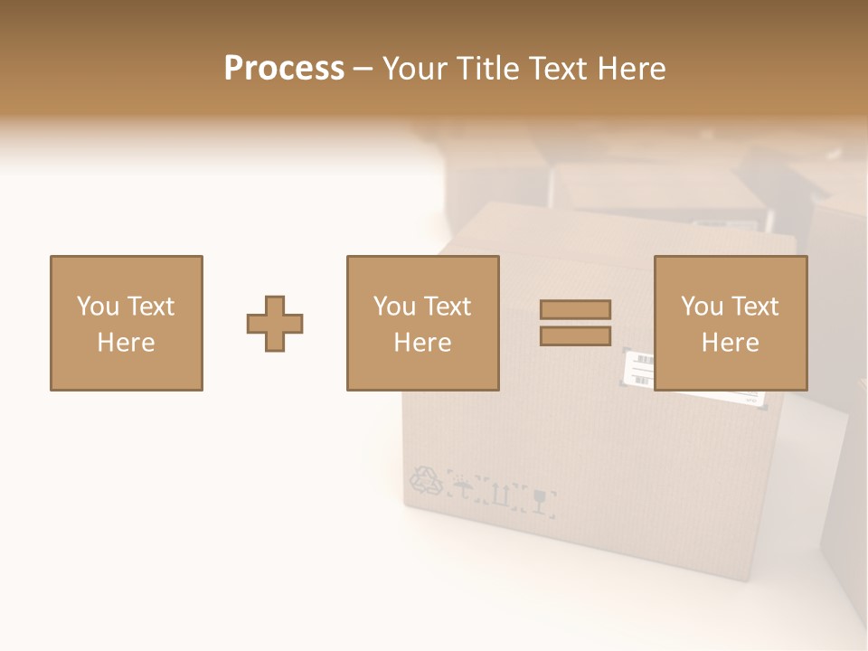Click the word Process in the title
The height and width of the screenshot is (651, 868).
point(284,69)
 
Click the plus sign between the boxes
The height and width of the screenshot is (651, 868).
point(275,324)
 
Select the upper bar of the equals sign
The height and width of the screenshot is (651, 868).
point(575,309)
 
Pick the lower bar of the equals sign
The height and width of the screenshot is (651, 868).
point(575,335)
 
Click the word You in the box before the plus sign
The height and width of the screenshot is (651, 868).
point(98,307)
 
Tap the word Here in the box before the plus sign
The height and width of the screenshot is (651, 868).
point(126,343)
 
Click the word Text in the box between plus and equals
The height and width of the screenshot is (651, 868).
point(448,307)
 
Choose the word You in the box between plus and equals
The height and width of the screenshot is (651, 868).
point(394,307)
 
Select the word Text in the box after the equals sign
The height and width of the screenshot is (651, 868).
point(755,307)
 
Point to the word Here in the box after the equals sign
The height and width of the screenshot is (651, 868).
point(730,343)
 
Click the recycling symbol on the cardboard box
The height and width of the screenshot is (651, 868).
point(427,481)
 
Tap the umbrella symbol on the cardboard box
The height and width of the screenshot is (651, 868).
point(464,490)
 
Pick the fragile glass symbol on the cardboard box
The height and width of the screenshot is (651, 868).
point(541,500)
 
